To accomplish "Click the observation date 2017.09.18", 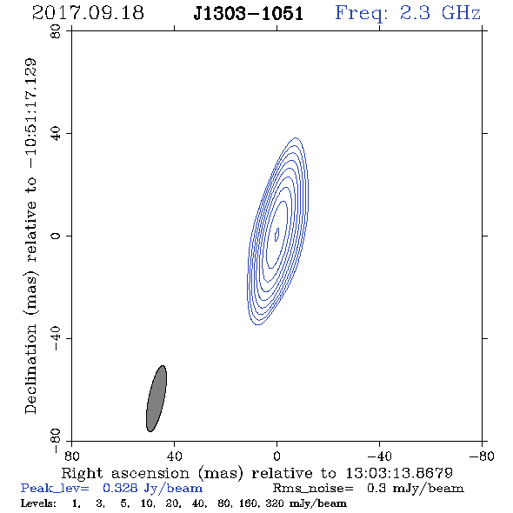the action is [x=88, y=13].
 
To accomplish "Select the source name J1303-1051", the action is [x=249, y=14].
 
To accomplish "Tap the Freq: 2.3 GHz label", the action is [x=408, y=14].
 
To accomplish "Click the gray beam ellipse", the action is [x=157, y=398].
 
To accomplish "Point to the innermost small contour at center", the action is [x=276, y=235].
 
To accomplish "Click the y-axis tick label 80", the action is [x=57, y=31].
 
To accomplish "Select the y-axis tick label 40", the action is [x=57, y=134].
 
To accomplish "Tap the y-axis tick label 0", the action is [x=57, y=236].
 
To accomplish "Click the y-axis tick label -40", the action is [x=57, y=338].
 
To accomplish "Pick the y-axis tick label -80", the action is [x=57, y=441].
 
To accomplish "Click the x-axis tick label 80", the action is [x=71, y=456].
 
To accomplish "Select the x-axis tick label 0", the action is [x=276, y=456].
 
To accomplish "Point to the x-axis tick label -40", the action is [x=379, y=456].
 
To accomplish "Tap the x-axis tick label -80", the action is [x=482, y=456].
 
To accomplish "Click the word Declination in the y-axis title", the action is [x=30, y=369].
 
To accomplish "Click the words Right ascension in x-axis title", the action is [x=125, y=473].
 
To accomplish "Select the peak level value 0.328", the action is [x=120, y=488].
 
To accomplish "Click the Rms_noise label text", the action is [x=313, y=489].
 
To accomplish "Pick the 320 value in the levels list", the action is [x=275, y=503].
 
